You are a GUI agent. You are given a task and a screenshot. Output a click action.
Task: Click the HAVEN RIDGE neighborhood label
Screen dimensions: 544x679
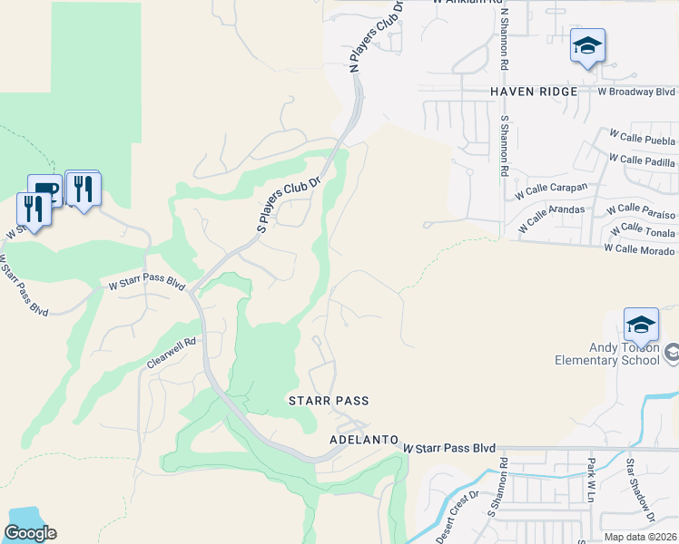534,92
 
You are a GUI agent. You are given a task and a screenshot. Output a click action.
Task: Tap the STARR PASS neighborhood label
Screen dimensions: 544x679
329,400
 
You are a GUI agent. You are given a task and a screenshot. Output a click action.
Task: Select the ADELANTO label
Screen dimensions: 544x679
363,439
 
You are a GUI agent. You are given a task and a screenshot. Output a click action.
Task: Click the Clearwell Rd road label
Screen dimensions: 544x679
171,354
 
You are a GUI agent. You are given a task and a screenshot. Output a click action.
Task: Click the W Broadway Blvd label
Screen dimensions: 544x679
636,92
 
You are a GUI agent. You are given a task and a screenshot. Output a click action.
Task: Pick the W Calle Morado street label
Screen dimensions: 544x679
639,249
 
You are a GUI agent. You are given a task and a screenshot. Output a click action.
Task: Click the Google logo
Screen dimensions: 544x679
30,533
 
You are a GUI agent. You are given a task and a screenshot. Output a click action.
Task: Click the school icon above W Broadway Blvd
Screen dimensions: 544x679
587,45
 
